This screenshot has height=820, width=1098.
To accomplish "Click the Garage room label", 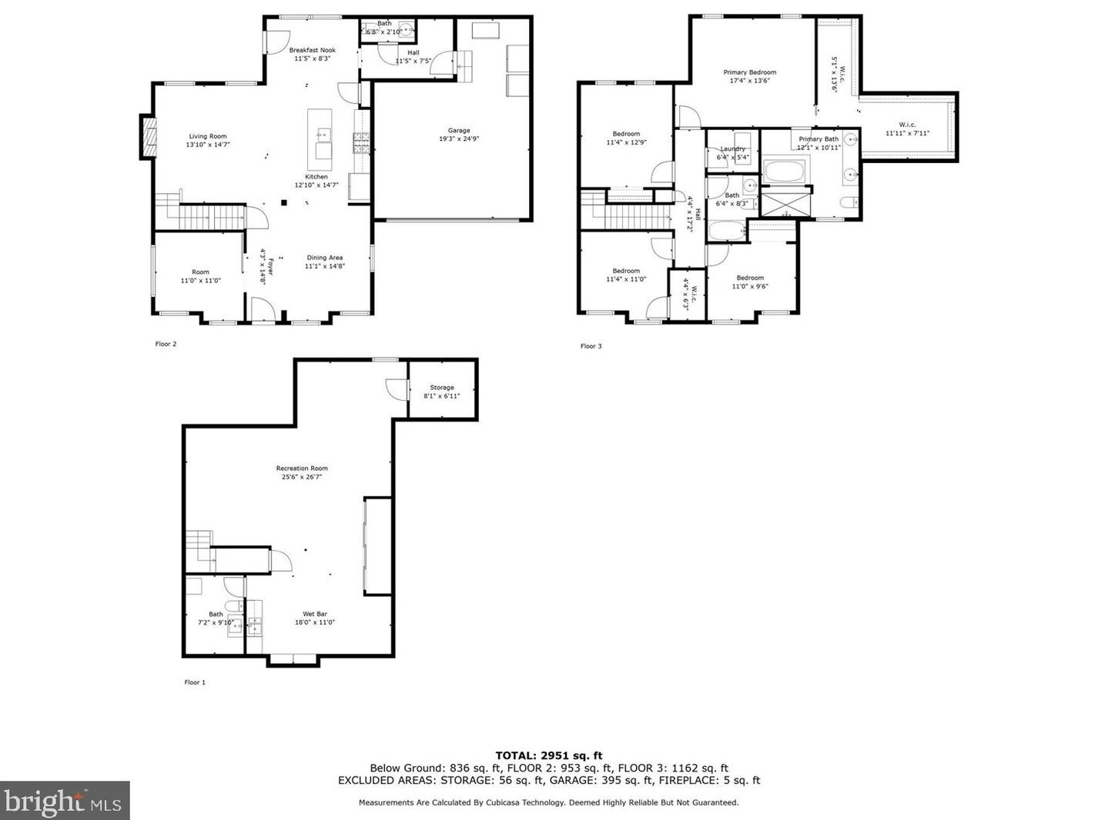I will pos(459,135).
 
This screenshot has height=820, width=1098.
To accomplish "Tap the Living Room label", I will pos(208,140).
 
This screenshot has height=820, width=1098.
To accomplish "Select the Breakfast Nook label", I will pos(312,54).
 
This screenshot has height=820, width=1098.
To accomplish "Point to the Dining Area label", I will pos(324,262).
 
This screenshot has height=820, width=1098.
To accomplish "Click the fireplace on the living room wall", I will pos(148,137).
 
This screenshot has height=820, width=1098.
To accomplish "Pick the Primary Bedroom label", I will pos(749,76).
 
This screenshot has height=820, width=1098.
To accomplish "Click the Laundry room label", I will pos(732,152).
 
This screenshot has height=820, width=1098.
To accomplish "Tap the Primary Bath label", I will pos(818,143).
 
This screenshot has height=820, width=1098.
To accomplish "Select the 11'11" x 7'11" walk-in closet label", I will pos(907,128).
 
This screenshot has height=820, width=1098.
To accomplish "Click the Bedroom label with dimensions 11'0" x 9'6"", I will pos(749,282).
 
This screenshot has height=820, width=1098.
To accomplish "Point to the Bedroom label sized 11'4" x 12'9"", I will pos(626,138).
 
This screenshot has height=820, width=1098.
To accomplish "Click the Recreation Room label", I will pos(302,472).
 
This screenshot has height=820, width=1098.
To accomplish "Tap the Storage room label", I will pos(442,392).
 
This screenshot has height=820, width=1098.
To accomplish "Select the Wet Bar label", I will pos(314,618).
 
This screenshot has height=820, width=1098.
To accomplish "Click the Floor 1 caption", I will pos(195,682).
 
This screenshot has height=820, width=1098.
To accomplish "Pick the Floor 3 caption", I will pos(591,346).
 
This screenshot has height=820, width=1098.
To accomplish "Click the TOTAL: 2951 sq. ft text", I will pos(548,755).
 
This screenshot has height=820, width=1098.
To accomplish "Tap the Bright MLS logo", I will pos(65,801).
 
